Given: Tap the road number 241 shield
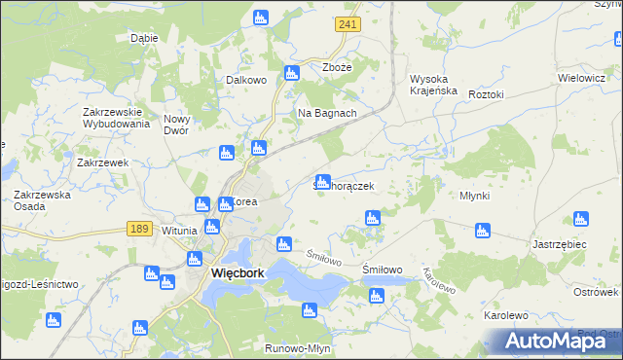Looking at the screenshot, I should pos(343,23).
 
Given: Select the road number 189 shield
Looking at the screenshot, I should pos(138,227).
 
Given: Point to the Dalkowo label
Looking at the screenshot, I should pos(246,81).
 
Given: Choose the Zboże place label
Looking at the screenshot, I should pos(336,67).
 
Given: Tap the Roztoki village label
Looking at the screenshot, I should pos(486,94).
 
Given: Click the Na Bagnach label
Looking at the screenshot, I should pos(327,113).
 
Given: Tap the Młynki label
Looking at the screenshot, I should pos(474,196).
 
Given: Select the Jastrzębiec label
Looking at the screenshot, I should pos(560,244).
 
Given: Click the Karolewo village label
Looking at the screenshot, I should pos(505,316).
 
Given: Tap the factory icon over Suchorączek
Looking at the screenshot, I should pos(323,181).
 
